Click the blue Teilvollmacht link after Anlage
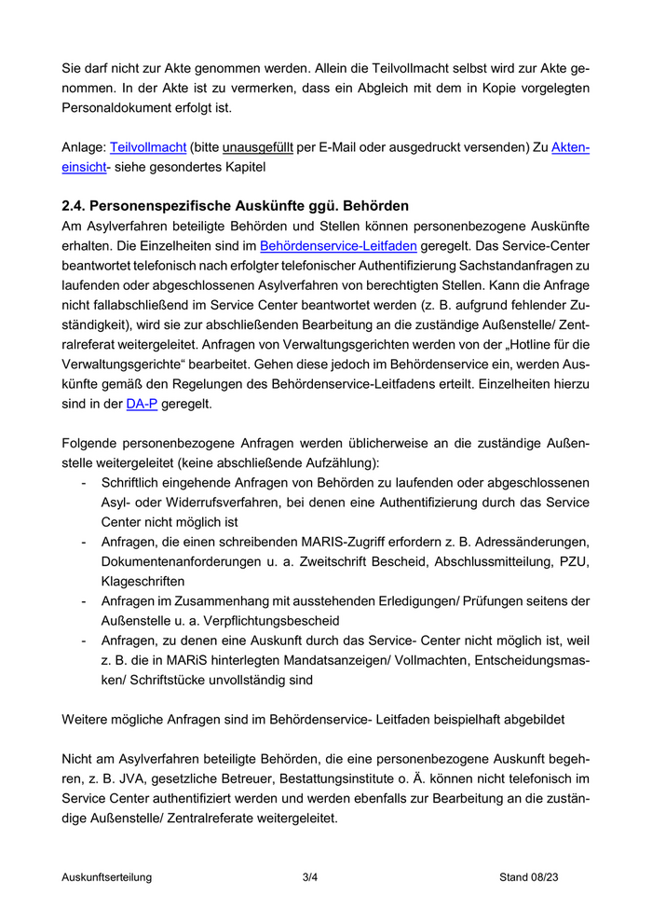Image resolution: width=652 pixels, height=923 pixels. [x=148, y=147]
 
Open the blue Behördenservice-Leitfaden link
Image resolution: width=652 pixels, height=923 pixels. [x=339, y=247]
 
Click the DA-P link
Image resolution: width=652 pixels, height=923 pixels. [x=143, y=406]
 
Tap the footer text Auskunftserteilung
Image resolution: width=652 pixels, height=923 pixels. [x=107, y=877]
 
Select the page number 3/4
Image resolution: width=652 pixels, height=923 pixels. [x=310, y=877]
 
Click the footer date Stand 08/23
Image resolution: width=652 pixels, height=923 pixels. [x=528, y=877]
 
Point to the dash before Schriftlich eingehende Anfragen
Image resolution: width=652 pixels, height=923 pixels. [x=85, y=484]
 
